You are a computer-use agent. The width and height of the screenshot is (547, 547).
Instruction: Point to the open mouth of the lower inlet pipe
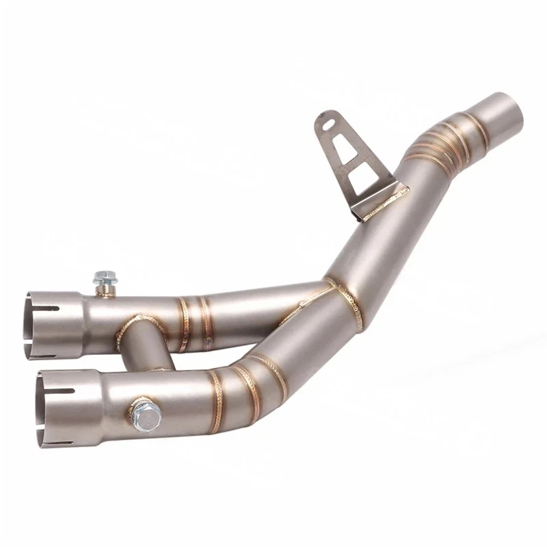coord(42,408)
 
